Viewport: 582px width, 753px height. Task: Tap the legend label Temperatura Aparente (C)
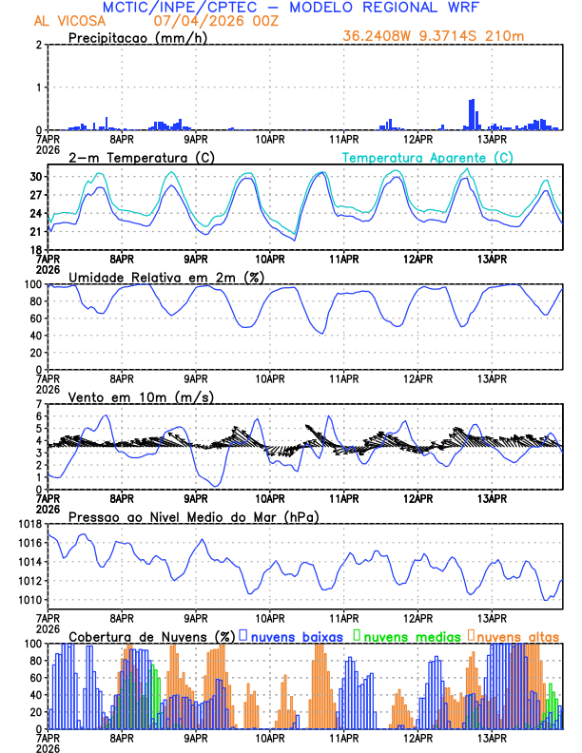428,157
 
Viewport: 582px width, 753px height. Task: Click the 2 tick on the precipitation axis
39,45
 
